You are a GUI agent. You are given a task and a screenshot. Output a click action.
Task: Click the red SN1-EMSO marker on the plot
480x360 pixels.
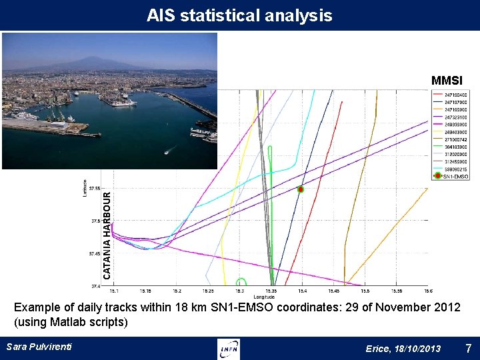click(301, 189)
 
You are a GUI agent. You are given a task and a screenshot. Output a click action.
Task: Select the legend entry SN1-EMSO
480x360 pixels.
click(456, 176)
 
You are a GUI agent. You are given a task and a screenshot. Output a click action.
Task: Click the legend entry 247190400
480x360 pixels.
click(456, 95)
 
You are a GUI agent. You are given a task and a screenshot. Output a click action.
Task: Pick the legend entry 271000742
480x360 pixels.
click(456, 139)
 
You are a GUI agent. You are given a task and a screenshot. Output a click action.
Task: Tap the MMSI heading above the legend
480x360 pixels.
click(447, 81)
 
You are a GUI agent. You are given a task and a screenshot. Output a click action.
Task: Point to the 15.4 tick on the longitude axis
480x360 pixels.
click(302, 291)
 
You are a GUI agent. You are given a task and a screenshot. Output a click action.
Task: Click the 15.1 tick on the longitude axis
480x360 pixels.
click(114, 291)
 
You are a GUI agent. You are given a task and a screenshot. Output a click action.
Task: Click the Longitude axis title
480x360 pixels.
click(263, 297)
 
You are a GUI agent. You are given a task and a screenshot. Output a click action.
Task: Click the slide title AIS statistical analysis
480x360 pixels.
click(239, 15)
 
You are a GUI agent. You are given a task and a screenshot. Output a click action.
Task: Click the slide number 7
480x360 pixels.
click(468, 348)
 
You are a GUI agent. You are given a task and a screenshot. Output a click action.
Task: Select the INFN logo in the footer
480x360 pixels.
click(229, 349)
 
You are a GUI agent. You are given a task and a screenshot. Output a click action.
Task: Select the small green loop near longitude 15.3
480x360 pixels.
click(241, 282)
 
